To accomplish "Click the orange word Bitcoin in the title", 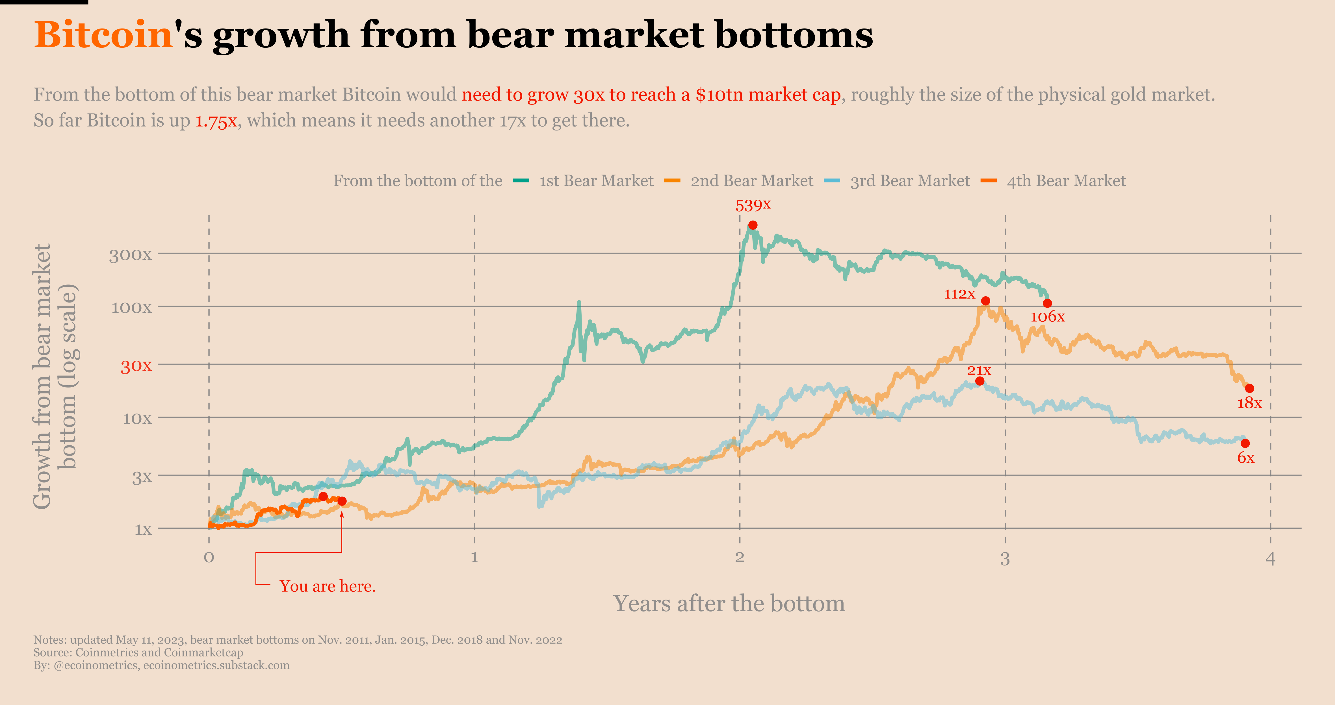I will (103, 35).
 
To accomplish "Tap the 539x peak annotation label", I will (753, 205).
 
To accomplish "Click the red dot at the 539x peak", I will (753, 225).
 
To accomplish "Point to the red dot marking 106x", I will (1047, 303).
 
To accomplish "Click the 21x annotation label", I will (979, 370).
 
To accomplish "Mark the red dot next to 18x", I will (1249, 388).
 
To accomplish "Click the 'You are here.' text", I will (328, 586).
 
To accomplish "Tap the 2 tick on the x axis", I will (740, 558).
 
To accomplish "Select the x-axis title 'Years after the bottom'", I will (729, 604).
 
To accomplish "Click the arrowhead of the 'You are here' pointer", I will (342, 514).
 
